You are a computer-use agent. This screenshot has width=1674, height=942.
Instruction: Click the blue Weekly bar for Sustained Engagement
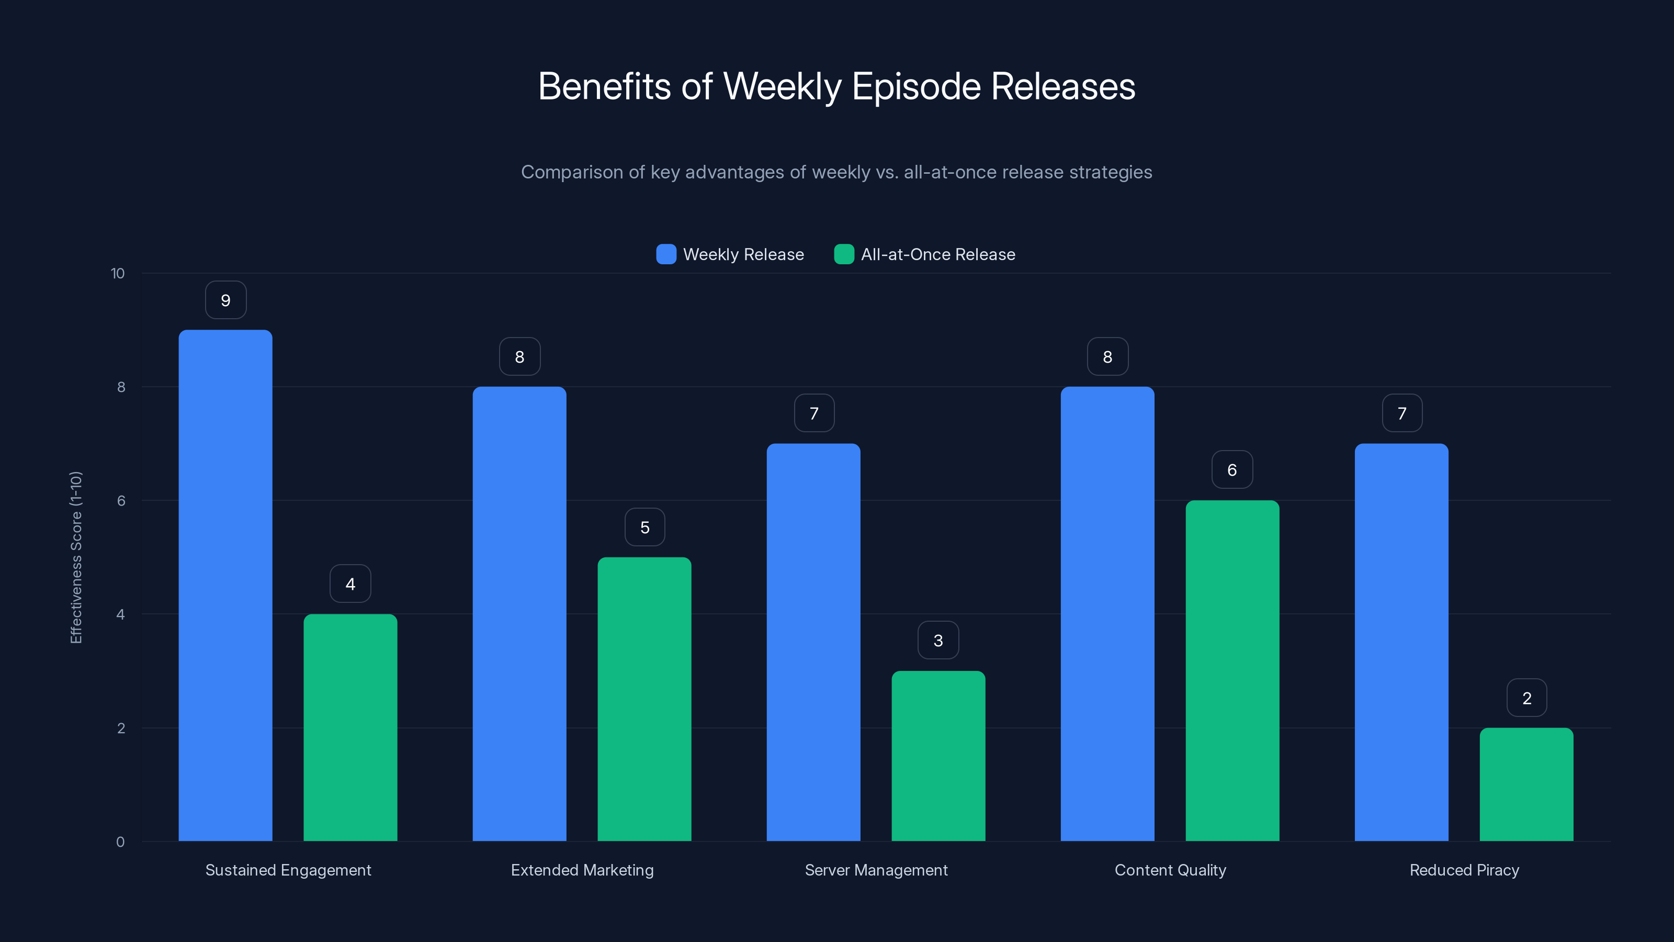225,585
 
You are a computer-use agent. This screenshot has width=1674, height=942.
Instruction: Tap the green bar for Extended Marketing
644,699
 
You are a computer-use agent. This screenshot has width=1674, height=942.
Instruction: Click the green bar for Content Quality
1232,670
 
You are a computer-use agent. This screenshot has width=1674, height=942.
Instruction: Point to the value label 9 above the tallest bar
225,300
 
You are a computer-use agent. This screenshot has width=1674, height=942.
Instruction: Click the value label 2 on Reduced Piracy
1526,698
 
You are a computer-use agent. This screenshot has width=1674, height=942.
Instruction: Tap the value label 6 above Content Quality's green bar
1232,470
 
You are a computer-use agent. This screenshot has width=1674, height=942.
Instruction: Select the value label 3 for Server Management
938,641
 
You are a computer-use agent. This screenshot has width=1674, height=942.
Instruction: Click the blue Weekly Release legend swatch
666,254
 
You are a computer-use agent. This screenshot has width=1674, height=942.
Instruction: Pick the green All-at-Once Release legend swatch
843,254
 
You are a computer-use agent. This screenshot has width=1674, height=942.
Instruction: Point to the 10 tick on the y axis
118,274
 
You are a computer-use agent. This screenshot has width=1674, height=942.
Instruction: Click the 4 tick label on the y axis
120,614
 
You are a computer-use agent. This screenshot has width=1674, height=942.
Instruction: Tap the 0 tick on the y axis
120,842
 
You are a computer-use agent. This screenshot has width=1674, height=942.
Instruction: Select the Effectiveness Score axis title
76,558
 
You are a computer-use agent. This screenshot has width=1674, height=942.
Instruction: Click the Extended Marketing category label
582,870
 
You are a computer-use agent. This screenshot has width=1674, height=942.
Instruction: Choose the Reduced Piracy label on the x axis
1464,870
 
